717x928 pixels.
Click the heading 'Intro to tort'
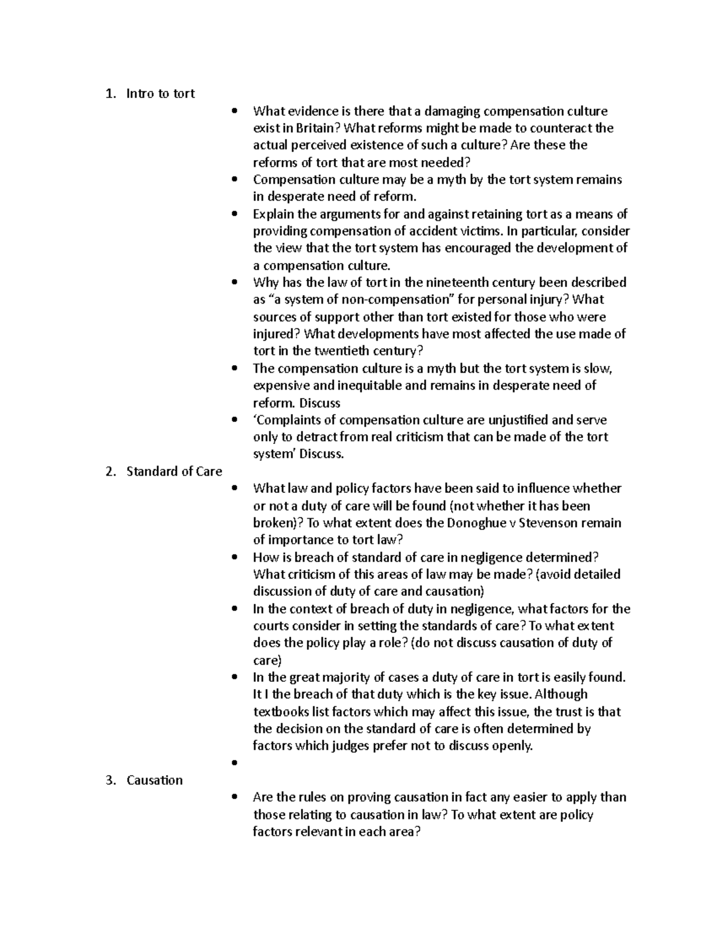click(x=160, y=94)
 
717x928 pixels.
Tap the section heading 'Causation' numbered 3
click(x=154, y=780)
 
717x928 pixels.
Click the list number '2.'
click(x=110, y=471)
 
